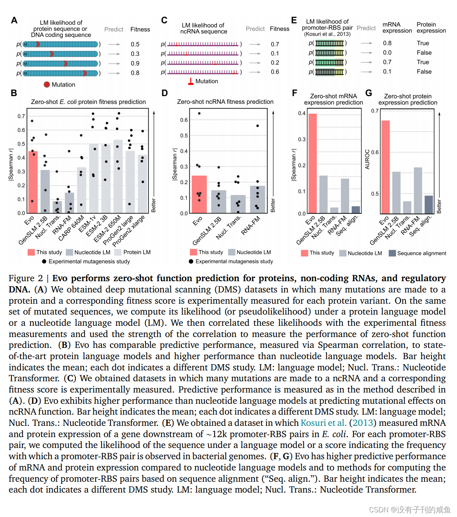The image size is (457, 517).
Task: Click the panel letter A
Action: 14,20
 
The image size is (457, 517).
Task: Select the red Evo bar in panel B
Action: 33,182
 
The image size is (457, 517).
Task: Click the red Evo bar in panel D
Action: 199,194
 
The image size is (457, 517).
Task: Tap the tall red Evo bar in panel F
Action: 313,163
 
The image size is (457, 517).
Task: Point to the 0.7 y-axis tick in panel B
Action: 21,116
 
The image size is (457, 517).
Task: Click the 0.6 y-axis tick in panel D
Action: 184,120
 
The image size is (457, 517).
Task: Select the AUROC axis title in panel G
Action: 368,159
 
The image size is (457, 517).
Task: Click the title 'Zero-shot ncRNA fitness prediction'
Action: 225,102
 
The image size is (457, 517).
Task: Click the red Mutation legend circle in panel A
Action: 47,85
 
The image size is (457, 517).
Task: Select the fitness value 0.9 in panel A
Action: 135,63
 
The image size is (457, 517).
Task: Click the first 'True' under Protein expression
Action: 423,43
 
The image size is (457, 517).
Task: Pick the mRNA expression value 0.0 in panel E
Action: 387,53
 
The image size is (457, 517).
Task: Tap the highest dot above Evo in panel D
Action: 199,113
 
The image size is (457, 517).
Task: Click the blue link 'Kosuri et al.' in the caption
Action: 323,423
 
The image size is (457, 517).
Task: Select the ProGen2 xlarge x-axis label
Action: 129,232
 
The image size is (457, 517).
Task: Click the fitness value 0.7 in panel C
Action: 275,44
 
